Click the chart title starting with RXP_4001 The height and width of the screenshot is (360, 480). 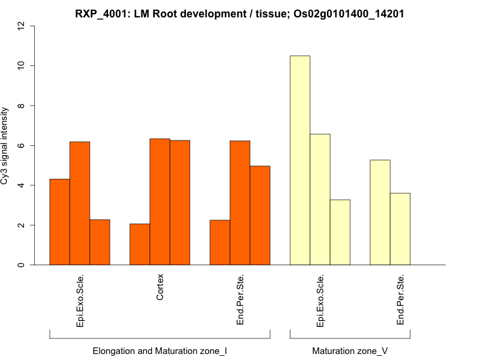[x=239, y=14]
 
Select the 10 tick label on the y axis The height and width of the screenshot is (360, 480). [x=22, y=65]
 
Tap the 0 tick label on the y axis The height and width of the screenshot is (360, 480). [x=22, y=265]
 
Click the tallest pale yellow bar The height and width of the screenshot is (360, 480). [x=300, y=160]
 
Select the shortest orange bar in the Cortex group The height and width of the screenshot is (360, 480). [x=140, y=244]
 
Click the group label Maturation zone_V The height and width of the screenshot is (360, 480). [x=350, y=350]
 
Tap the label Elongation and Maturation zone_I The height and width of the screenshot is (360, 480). [x=160, y=350]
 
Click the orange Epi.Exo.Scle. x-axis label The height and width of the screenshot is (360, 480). [x=80, y=301]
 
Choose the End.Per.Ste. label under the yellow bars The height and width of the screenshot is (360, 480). [x=400, y=300]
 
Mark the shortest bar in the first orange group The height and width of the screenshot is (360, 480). [x=100, y=242]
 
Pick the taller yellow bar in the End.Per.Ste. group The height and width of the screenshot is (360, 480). [x=380, y=212]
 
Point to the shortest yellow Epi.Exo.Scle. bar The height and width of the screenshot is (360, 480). [x=340, y=232]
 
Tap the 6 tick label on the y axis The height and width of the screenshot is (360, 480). [x=22, y=145]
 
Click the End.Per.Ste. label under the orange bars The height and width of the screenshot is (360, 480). [x=240, y=300]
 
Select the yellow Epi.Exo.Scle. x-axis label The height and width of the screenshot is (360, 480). [x=320, y=301]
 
